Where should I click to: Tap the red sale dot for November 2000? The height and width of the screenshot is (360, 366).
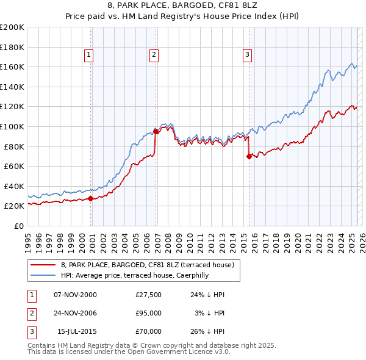pos(91,198)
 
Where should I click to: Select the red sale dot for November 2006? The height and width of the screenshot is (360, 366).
pos(156,131)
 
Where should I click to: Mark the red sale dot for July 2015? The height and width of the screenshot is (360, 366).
pos(249,156)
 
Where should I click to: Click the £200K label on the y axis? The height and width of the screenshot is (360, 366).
pos(13,27)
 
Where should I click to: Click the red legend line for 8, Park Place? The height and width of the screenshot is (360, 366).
pos(43,265)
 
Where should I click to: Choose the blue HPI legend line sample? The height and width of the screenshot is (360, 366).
pos(43,275)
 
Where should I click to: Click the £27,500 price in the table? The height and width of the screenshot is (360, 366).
pos(149,295)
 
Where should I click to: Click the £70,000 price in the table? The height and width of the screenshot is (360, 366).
pos(149,331)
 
